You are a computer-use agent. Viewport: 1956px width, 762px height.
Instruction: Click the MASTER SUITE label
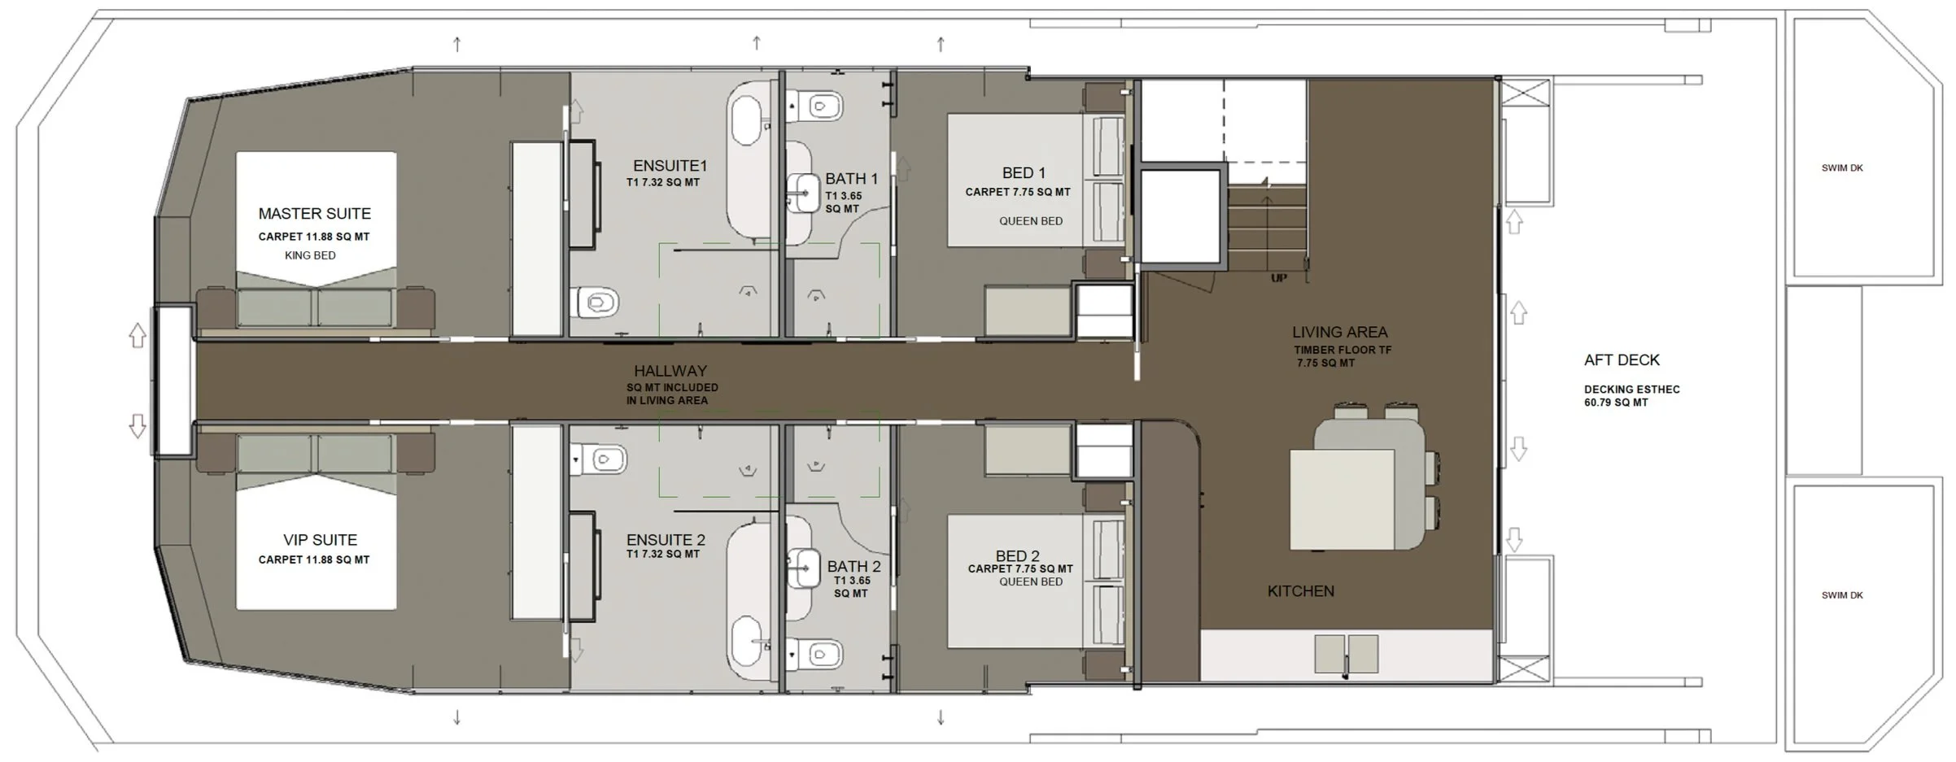[x=314, y=214]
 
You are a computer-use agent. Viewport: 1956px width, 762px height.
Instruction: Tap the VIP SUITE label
[x=320, y=540]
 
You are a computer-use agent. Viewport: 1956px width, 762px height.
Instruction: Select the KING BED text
[x=310, y=255]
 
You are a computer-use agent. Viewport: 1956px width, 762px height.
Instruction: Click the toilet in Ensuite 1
[x=597, y=304]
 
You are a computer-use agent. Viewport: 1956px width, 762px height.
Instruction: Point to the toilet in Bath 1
[x=815, y=106]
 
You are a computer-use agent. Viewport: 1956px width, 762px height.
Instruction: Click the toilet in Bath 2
[x=815, y=653]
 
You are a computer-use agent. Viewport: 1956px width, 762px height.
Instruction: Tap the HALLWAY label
[x=670, y=371]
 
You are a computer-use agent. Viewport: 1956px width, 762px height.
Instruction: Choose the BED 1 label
[x=1024, y=173]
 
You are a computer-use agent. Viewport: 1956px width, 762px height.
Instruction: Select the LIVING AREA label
[x=1340, y=332]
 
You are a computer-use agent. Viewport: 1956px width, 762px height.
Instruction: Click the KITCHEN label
[x=1301, y=591]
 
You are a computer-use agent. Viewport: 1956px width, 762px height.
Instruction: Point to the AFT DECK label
[x=1622, y=360]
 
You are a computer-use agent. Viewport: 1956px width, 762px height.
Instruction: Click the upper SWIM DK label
[x=1842, y=168]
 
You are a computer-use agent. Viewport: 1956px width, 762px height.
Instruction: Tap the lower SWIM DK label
[x=1842, y=595]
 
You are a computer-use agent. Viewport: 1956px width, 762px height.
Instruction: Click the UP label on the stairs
[x=1279, y=278]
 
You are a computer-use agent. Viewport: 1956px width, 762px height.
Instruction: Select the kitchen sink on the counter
[x=1347, y=654]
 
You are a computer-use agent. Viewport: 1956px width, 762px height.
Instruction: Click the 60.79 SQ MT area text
[x=1616, y=403]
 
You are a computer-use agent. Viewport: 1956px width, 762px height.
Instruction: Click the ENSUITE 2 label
[x=666, y=540]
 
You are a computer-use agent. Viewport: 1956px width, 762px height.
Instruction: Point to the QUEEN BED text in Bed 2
[x=1031, y=582]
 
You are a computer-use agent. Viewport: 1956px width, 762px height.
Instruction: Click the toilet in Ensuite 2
[x=597, y=459]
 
